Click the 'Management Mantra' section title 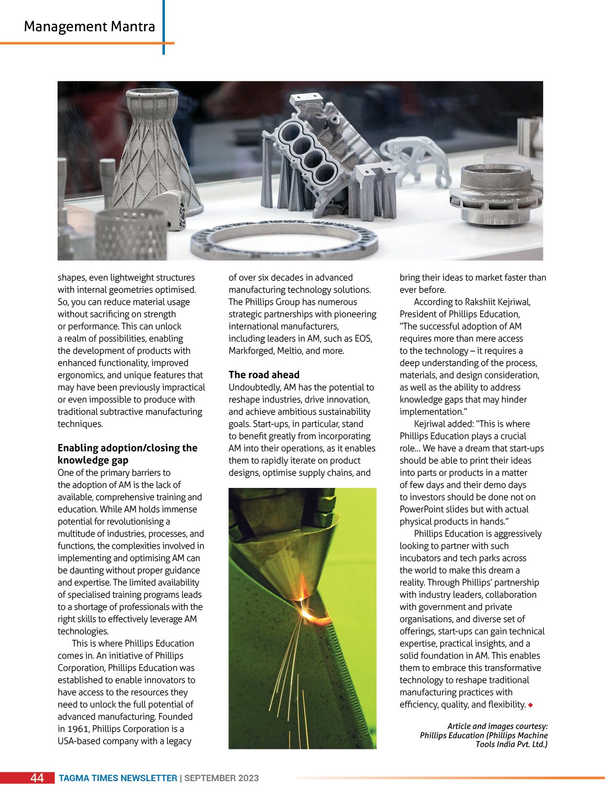click(89, 26)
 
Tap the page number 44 click(37, 778)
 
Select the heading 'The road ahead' click(264, 375)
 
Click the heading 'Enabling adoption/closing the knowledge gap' click(127, 454)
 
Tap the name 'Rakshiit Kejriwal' click(497, 302)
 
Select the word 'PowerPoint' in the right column click(423, 509)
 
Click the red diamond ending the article click(530, 705)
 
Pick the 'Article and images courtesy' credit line click(497, 726)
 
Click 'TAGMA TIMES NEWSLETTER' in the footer click(118, 778)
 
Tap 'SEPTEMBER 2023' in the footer click(222, 778)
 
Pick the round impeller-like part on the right click(495, 195)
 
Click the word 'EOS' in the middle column click(363, 339)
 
